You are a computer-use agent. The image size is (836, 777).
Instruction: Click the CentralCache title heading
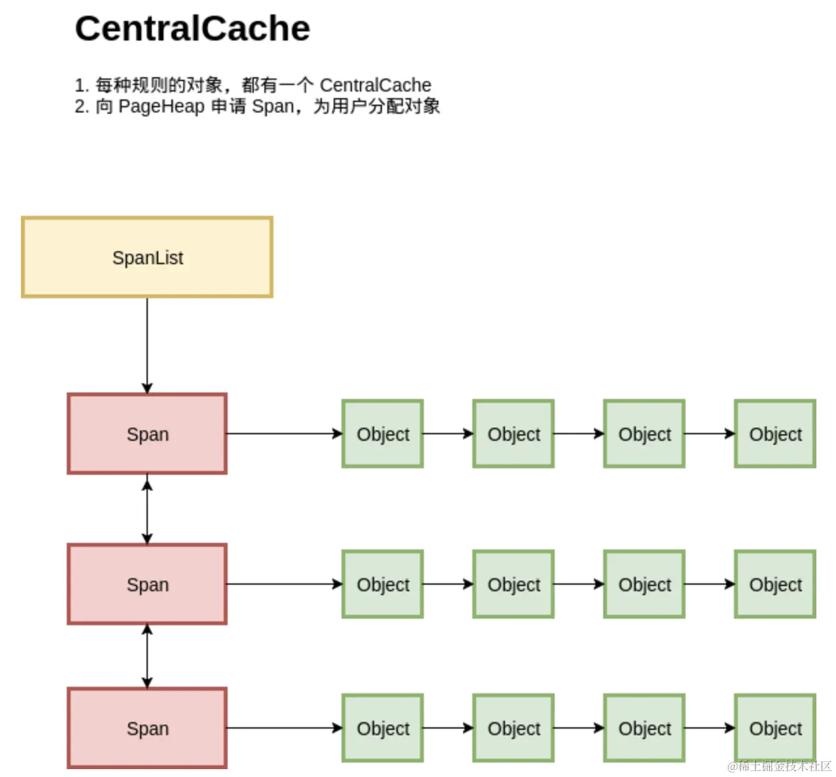point(192,29)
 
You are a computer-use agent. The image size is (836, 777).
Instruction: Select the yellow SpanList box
point(147,257)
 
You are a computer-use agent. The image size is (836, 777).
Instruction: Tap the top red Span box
point(147,434)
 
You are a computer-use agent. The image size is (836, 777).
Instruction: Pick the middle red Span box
point(147,584)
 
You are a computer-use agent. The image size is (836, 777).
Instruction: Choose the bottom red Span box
point(147,728)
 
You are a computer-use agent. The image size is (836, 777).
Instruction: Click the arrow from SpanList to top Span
point(147,345)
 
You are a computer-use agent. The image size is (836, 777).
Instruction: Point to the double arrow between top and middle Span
point(147,509)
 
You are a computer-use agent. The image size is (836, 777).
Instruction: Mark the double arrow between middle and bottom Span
point(147,656)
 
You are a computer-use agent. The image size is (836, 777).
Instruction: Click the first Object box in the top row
point(383,434)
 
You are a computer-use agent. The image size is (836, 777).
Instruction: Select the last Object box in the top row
point(775,434)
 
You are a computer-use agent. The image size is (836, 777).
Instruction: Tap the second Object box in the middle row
point(513,584)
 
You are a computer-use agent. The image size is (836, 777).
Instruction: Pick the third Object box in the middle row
point(644,584)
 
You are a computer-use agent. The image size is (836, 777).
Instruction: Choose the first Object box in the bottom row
point(383,728)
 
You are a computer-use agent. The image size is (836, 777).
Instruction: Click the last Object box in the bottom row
point(775,728)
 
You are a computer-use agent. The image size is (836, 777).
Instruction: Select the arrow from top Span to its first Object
point(285,434)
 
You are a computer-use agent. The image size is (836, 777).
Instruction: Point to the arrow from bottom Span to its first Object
point(285,728)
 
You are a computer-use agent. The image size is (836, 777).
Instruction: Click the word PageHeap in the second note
point(161,107)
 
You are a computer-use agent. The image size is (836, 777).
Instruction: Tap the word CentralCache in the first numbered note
point(375,86)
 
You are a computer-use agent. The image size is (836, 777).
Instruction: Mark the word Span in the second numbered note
point(273,107)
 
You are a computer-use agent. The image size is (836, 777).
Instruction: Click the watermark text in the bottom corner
point(779,766)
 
